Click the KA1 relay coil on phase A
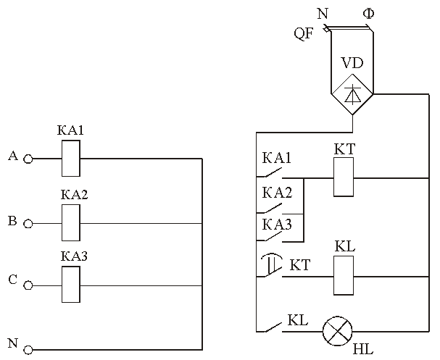(71, 159)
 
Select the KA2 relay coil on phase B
(71, 222)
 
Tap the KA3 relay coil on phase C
(71, 284)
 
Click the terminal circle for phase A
(28, 159)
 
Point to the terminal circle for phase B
(28, 224)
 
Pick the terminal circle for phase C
(28, 285)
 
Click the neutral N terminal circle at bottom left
(28, 350)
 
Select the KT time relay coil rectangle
(344, 177)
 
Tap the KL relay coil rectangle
(344, 275)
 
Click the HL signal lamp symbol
(337, 332)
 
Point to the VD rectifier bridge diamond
(352, 94)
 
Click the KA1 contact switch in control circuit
(270, 173)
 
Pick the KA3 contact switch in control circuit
(270, 235)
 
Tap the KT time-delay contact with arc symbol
(270, 266)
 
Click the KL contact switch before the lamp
(270, 327)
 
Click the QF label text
(303, 33)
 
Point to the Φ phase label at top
(368, 13)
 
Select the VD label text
(352, 63)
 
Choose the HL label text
(363, 349)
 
